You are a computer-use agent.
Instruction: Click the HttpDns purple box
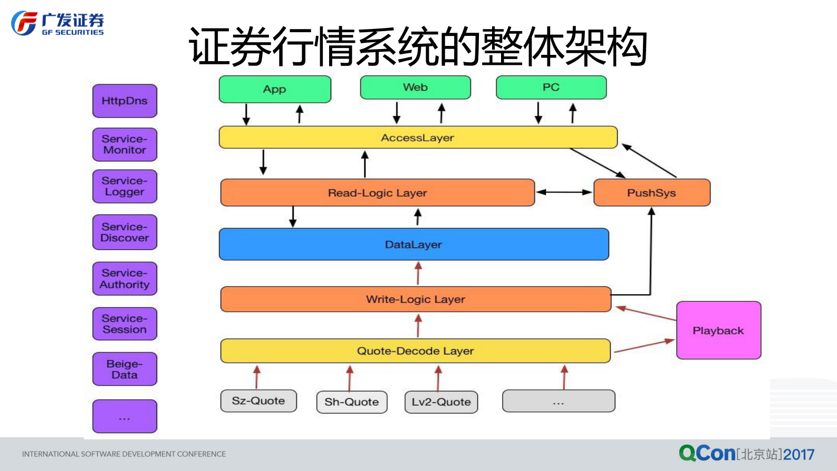point(124,101)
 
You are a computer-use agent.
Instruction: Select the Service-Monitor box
point(124,145)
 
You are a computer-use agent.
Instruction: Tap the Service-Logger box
point(124,186)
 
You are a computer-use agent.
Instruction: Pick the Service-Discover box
point(124,232)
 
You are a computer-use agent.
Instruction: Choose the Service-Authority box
point(124,278)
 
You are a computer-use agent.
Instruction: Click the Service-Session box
point(124,324)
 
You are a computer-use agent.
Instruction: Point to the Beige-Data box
point(124,369)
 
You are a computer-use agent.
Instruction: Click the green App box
point(275,89)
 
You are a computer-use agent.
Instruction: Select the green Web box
point(415,88)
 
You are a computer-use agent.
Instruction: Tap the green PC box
point(551,88)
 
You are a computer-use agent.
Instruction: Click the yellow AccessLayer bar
point(418,138)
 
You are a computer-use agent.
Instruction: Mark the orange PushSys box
point(651,193)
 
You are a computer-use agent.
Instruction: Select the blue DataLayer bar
point(413,244)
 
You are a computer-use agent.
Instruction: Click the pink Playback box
point(718,330)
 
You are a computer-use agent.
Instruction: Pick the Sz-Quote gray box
point(258,401)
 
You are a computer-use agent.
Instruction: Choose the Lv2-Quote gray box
point(441,402)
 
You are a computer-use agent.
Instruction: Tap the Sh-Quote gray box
point(352,402)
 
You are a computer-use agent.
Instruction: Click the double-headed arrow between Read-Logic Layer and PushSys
point(564,193)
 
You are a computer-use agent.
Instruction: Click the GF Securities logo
point(57,24)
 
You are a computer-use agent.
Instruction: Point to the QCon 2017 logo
point(746,454)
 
